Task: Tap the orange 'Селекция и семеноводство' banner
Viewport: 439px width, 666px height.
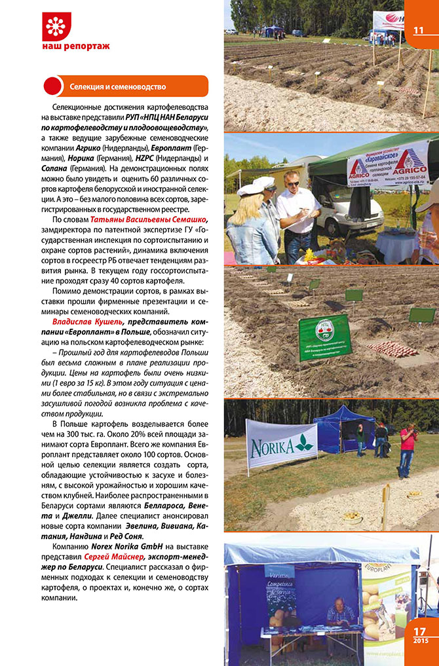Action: coord(124,86)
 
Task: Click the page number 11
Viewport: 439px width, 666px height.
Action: coord(419,30)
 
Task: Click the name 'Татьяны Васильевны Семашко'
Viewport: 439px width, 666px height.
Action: coord(149,219)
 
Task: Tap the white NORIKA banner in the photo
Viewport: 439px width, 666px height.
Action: coord(281,445)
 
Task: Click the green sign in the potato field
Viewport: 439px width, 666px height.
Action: coord(324,338)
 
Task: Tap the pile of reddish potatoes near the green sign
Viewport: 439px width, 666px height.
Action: coord(391,348)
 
